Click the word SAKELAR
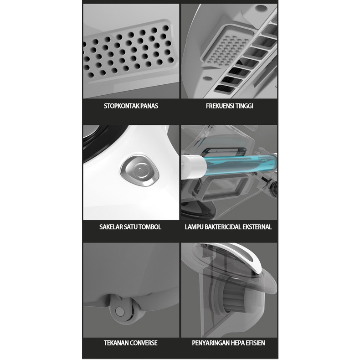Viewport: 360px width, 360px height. [x=111, y=227]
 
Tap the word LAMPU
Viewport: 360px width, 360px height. [x=194, y=227]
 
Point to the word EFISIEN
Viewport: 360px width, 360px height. [x=257, y=343]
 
